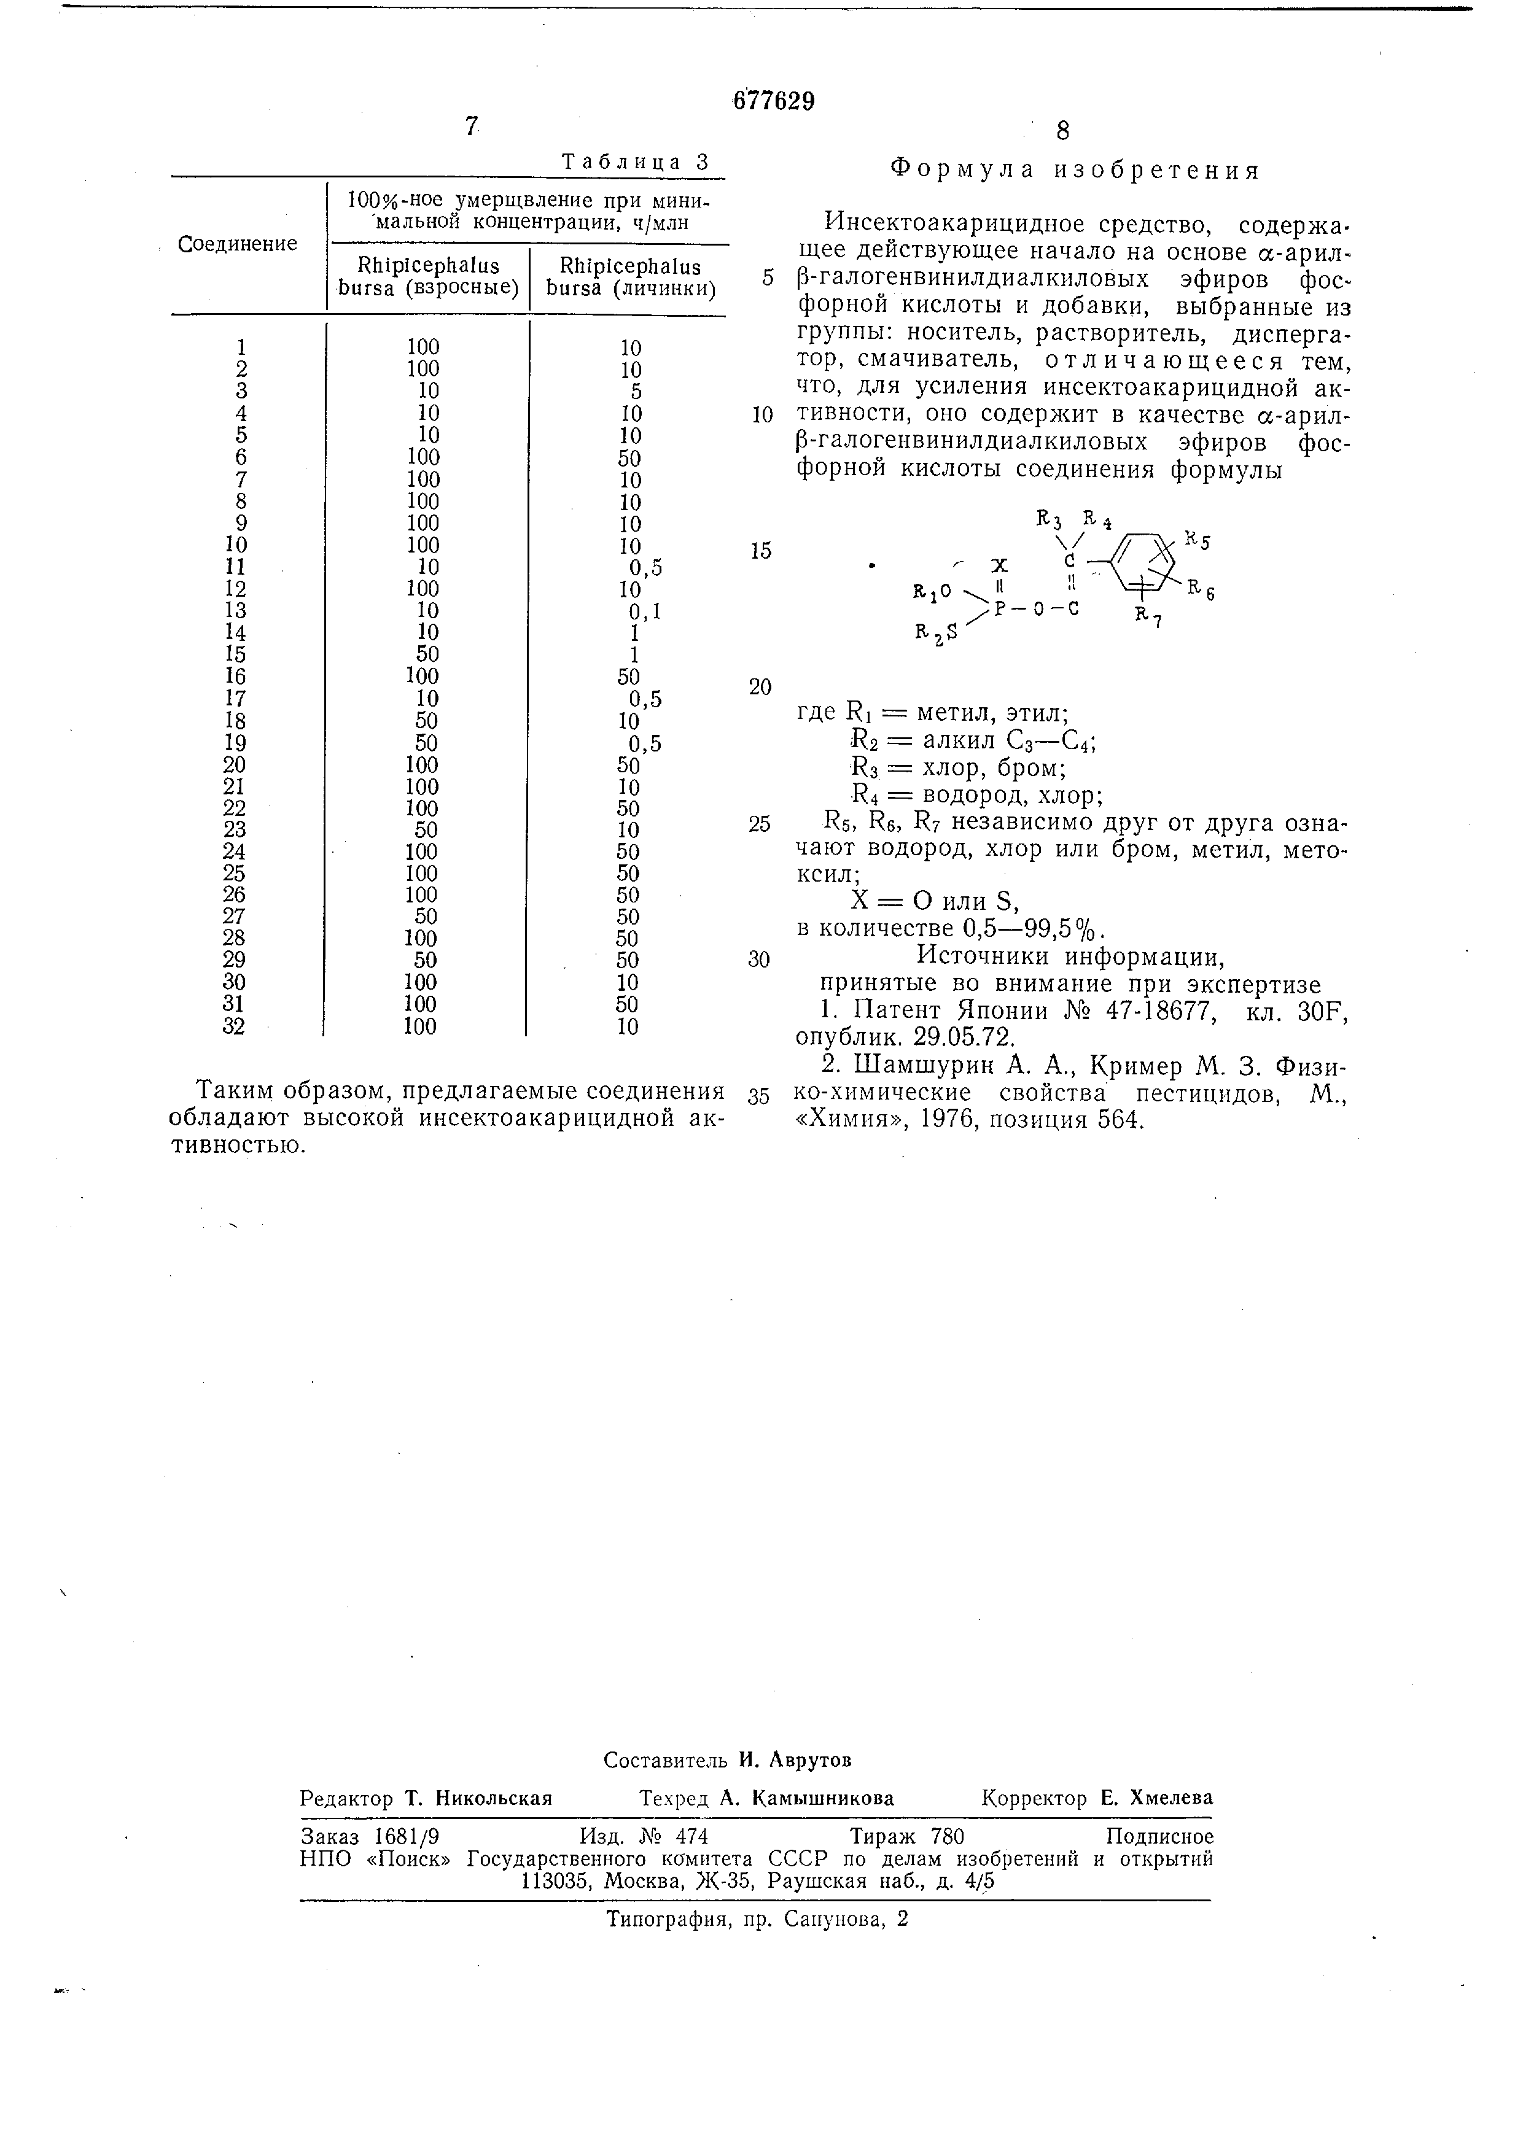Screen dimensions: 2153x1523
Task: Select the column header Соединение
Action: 238,244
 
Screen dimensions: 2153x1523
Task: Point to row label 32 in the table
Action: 235,1027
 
